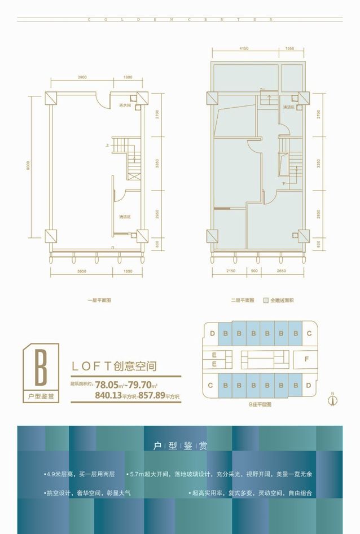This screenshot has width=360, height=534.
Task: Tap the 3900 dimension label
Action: point(82,77)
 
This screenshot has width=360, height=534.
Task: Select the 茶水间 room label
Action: point(125,105)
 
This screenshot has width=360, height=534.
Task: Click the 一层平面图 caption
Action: point(99,301)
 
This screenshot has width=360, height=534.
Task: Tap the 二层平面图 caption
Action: point(242,301)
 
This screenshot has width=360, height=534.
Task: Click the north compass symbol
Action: point(333,400)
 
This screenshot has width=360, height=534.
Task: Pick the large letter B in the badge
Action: point(40,369)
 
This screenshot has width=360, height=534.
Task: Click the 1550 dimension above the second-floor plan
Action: point(289,48)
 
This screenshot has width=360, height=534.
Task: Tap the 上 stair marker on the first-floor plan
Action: point(106,145)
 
